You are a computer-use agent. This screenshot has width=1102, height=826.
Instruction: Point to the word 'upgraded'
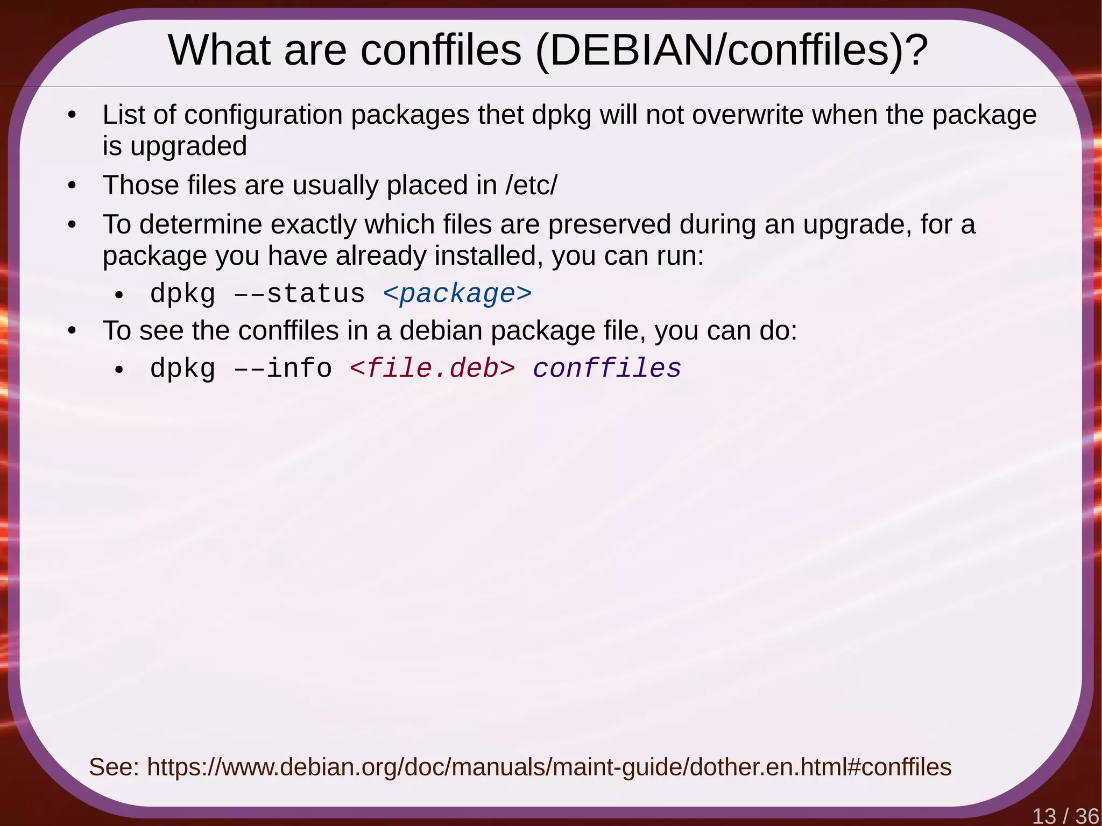(x=188, y=146)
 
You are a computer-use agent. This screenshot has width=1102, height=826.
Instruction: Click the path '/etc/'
(x=531, y=185)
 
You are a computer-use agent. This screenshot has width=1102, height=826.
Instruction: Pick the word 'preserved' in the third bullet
(x=610, y=224)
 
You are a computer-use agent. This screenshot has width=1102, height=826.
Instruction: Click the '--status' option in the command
(x=299, y=294)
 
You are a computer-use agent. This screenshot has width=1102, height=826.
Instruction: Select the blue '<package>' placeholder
(x=457, y=294)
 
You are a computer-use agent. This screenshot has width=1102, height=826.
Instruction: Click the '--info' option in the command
(x=283, y=369)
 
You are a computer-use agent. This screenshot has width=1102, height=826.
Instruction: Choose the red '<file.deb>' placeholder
(x=432, y=369)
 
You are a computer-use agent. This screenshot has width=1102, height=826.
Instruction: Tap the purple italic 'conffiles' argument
(x=607, y=369)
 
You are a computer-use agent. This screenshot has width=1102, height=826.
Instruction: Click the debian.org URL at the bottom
(x=549, y=767)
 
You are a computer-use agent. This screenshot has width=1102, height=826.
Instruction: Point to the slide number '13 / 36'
(x=1065, y=816)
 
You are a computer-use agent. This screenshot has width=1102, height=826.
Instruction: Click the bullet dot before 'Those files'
(x=72, y=186)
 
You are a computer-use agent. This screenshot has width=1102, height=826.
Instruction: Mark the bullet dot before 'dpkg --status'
(x=119, y=295)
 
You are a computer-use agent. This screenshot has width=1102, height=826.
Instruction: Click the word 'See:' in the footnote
(x=114, y=767)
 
